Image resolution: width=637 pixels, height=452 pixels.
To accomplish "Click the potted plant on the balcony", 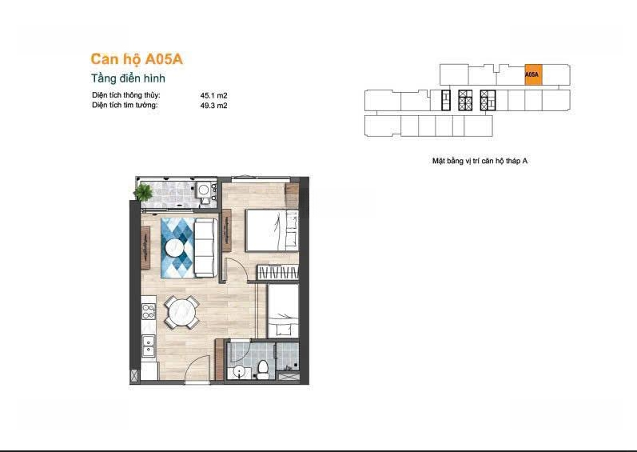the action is [143, 192].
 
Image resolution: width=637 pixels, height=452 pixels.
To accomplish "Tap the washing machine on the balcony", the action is [204, 190].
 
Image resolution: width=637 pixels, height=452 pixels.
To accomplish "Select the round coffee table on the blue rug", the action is [175, 247].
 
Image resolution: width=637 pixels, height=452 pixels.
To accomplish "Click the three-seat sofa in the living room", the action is [205, 247].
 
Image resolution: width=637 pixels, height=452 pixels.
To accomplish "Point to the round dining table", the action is [181, 312].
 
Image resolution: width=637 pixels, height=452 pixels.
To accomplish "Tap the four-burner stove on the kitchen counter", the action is [148, 312].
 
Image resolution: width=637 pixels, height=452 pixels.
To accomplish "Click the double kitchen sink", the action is [148, 346].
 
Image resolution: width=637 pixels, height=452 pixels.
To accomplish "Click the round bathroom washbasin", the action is [239, 371].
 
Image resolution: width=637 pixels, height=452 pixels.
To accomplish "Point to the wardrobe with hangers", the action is [278, 272].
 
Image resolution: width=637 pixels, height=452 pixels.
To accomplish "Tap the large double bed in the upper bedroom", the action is [272, 230].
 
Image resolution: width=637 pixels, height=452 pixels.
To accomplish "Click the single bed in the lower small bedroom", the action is [283, 311].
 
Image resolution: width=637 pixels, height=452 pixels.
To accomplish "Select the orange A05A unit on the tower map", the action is [533, 74].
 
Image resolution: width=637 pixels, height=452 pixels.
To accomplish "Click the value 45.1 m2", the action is [213, 96].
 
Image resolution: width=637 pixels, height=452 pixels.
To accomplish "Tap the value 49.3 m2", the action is [213, 106].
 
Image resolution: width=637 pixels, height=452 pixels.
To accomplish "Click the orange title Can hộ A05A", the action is [137, 59].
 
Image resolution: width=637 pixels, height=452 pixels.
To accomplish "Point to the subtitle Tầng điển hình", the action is [128, 78].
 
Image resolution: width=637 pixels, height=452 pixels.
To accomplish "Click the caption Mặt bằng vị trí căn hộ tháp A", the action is [480, 161].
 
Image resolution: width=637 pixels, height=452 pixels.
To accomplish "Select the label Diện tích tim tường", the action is [125, 106].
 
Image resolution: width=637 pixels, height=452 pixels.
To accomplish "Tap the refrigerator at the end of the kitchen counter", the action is [149, 371].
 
